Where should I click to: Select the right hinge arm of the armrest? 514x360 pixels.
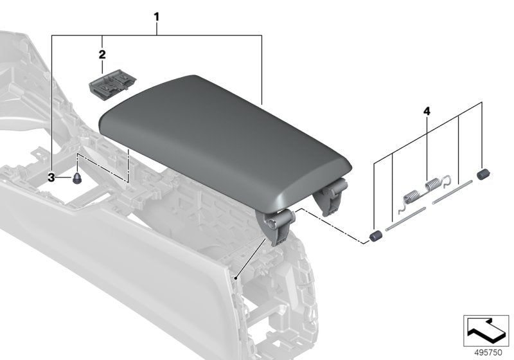coord(333,195)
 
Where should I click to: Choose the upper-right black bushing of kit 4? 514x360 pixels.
coord(483,174)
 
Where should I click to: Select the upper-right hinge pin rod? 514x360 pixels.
coord(452,192)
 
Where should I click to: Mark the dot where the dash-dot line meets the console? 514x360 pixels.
coord(237,278)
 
